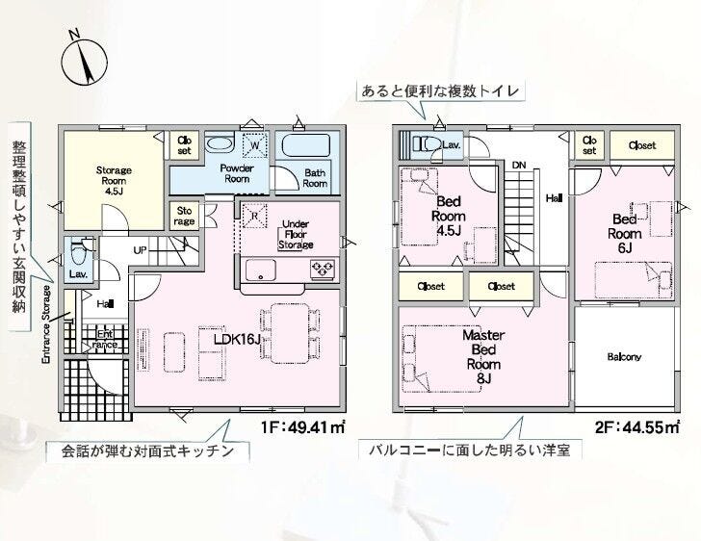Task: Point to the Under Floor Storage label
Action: (x=295, y=236)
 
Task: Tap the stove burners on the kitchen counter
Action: (x=320, y=269)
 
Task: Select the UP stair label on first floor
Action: (x=141, y=250)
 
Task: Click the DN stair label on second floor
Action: (x=519, y=165)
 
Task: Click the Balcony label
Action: (x=624, y=357)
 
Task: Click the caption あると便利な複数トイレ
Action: (x=440, y=91)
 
